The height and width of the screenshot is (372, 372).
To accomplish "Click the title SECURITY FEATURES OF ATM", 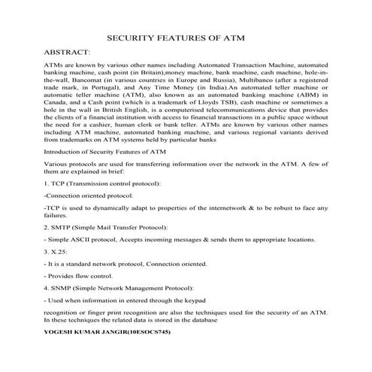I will click(x=186, y=37).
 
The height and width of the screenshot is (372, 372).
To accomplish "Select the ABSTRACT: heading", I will click(x=67, y=54).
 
